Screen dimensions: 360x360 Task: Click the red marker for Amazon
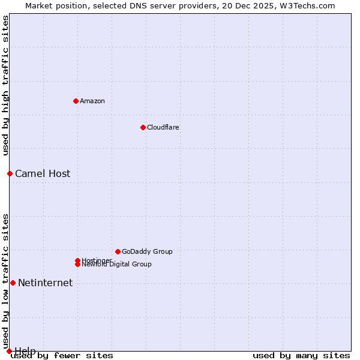[76, 101]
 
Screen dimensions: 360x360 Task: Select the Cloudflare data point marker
[143, 127]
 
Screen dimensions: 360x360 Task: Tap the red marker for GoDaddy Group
[118, 251]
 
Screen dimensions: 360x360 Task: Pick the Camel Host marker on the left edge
[10, 173]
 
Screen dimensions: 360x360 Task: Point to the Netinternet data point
[13, 283]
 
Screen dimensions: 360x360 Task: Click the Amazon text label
[92, 101]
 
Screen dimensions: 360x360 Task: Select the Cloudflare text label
[163, 127]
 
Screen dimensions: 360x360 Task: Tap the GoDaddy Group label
[147, 251]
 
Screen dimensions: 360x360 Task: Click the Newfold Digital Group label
[116, 265]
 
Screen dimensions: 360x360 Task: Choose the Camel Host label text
[43, 174]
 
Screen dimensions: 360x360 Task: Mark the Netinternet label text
[46, 283]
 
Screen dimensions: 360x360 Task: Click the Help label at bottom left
[25, 351]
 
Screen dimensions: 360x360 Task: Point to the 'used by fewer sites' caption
[62, 355]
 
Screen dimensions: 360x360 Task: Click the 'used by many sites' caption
[301, 355]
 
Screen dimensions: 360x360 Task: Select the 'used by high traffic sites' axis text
[6, 85]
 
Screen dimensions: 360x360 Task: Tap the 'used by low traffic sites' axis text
[6, 281]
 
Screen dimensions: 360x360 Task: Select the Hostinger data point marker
[77, 260]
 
